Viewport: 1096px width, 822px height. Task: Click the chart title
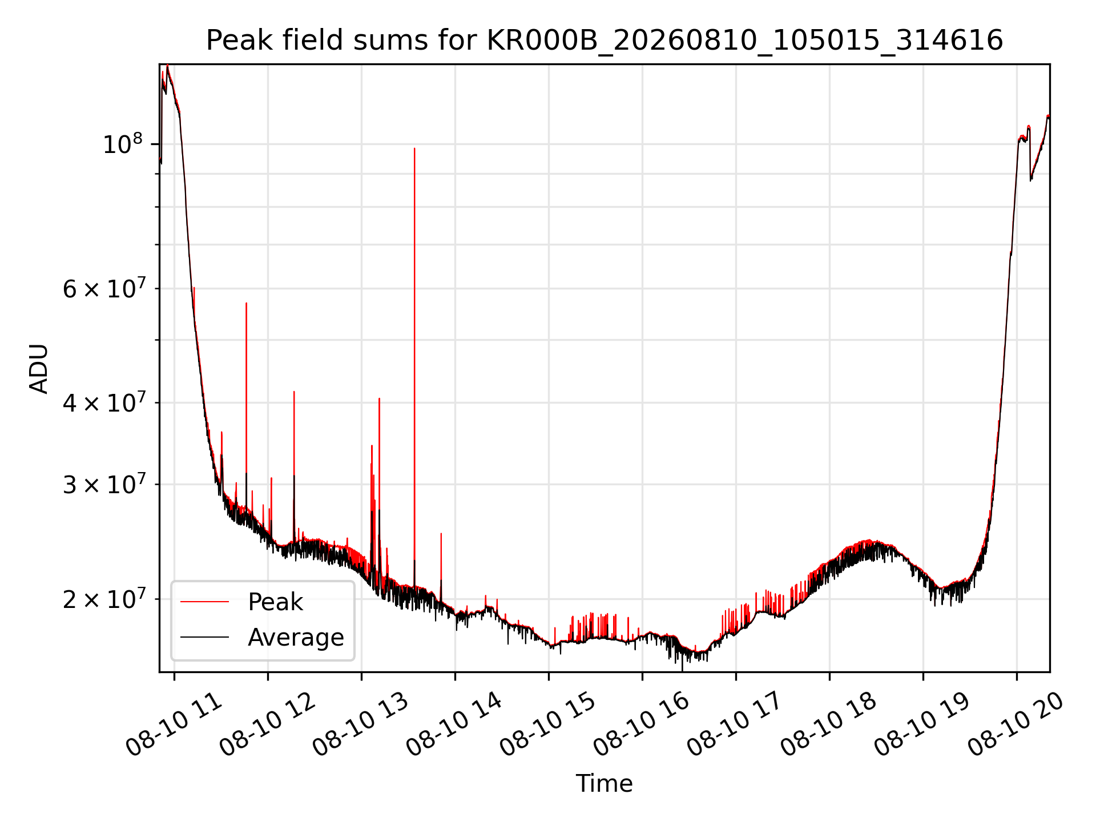(x=605, y=41)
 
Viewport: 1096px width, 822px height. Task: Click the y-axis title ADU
(x=39, y=369)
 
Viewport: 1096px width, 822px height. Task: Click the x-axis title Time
(x=605, y=783)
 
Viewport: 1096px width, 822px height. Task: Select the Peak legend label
(x=275, y=602)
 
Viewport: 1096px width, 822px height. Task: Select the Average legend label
(x=296, y=637)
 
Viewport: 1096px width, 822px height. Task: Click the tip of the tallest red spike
(x=414, y=148)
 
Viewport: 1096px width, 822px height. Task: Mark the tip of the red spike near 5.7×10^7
(x=246, y=303)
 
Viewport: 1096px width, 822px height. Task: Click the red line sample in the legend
(x=204, y=602)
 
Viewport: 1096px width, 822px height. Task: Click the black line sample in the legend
(x=204, y=637)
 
